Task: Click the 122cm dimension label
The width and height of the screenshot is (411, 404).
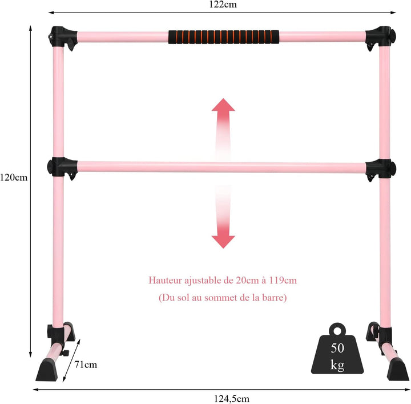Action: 223,5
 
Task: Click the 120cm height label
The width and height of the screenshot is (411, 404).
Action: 14,178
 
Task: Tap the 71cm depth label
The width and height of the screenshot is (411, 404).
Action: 86,365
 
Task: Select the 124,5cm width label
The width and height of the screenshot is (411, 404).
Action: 232,399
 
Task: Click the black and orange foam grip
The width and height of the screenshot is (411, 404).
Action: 224,37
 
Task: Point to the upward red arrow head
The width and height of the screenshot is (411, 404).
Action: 223,105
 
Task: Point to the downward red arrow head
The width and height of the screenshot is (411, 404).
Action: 223,242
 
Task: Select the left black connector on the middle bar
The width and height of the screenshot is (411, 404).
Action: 62,168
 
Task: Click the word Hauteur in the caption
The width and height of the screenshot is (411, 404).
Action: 165,280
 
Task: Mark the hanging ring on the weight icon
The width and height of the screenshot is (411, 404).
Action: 337,330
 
